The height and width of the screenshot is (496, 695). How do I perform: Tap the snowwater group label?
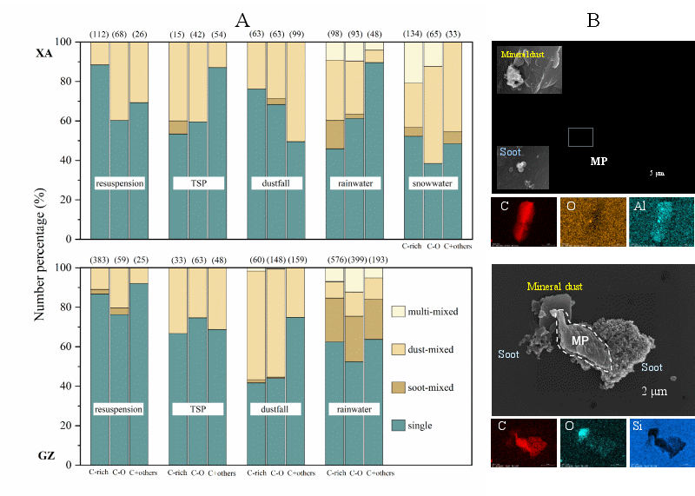point(433,184)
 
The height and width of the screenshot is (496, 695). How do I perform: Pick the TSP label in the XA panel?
point(198,184)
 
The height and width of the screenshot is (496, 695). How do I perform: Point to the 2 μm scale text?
point(654,391)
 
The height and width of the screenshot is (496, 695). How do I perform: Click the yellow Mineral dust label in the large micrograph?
point(554,286)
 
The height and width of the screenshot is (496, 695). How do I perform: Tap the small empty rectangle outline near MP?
point(580,136)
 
